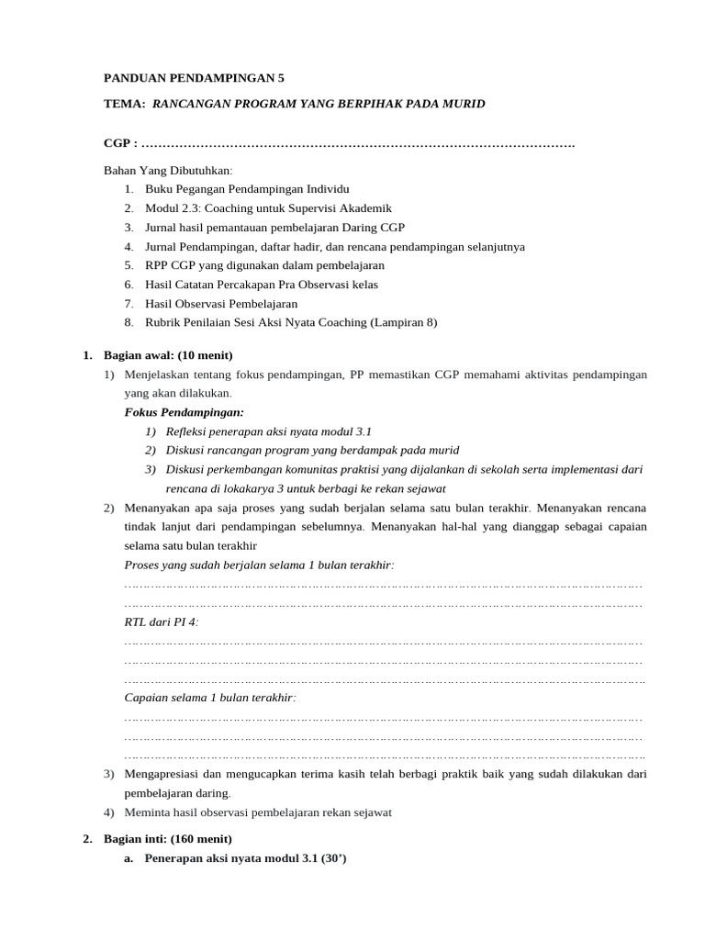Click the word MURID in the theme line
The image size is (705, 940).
click(460, 104)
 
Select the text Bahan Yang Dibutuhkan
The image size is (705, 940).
click(169, 171)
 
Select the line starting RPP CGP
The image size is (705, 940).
click(264, 265)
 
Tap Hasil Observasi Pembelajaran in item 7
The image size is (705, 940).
click(221, 304)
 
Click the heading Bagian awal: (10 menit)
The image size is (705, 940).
click(168, 355)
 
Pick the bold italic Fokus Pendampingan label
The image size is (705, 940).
click(184, 412)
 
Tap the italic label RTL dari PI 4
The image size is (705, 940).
click(161, 621)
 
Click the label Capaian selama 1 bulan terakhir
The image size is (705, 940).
click(210, 698)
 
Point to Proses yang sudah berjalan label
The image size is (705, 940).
click(258, 565)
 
